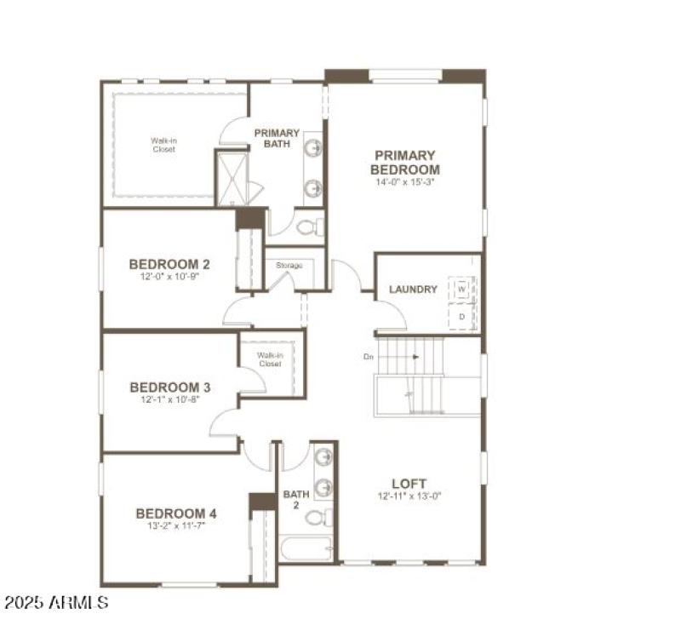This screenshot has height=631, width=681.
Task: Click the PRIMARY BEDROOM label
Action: [x=405, y=163]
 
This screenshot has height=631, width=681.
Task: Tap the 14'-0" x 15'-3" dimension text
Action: [x=405, y=182]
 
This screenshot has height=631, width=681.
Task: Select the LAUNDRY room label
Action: [x=413, y=290]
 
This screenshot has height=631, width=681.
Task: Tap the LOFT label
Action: [x=409, y=484]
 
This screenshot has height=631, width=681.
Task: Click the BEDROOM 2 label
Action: [x=169, y=264]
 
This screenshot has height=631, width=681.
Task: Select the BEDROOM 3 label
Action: [x=170, y=387]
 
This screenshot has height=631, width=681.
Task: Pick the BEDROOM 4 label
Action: [x=176, y=513]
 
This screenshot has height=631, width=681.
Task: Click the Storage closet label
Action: [x=289, y=266]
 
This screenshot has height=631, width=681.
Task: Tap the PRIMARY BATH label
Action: [x=277, y=138]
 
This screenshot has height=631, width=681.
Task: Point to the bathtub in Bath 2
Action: [x=305, y=548]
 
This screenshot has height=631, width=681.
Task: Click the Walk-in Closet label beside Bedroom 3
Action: [x=270, y=359]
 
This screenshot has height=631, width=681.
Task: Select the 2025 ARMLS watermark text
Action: [x=55, y=603]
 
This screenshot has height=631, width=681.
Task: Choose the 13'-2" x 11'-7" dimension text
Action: [x=176, y=526]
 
